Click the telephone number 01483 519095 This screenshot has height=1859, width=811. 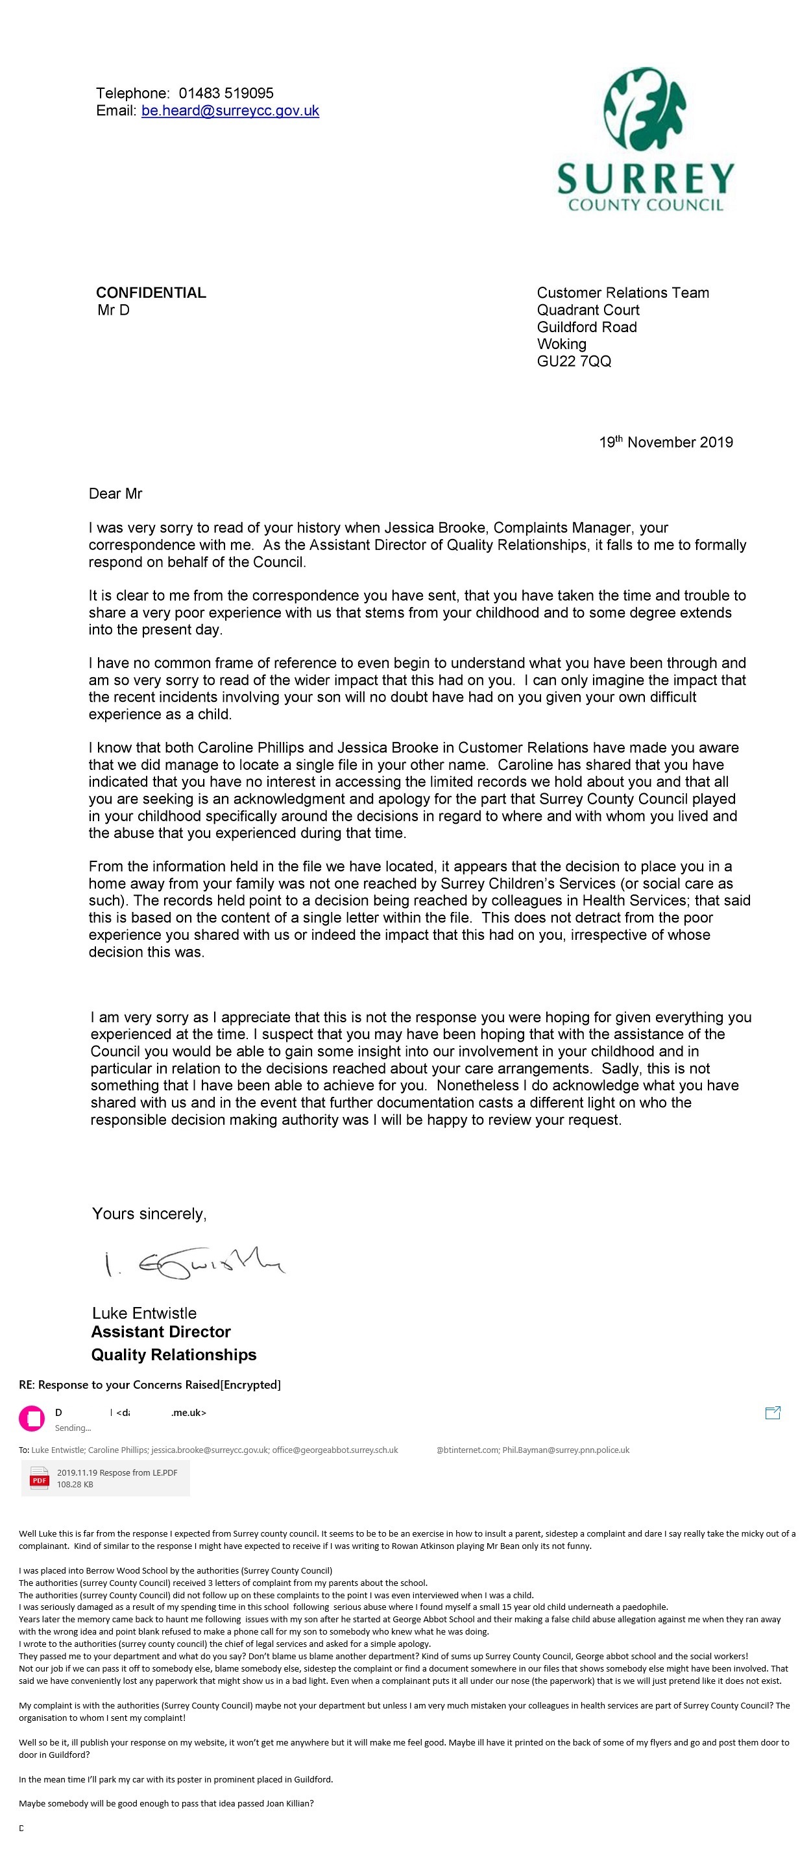(x=226, y=93)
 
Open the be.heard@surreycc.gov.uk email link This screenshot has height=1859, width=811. (x=230, y=111)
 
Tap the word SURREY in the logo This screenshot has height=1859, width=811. (x=646, y=178)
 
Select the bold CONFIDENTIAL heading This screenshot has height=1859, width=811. (x=151, y=293)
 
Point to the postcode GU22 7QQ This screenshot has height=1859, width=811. (x=574, y=361)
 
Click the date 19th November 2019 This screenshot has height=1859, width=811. (x=665, y=442)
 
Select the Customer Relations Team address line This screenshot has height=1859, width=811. (x=623, y=293)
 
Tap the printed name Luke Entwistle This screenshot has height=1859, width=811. (x=144, y=1313)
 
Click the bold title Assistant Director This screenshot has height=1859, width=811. (x=161, y=1332)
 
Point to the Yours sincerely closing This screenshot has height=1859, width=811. (x=149, y=1214)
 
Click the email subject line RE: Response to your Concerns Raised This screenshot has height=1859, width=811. (x=149, y=1384)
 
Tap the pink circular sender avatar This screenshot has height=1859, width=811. (x=32, y=1418)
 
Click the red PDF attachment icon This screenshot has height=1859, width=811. (x=39, y=1480)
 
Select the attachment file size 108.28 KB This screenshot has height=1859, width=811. (x=75, y=1485)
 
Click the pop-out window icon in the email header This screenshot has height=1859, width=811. (x=772, y=1413)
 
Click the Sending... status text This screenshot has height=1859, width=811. (x=73, y=1428)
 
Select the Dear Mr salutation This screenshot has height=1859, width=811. (x=115, y=494)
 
